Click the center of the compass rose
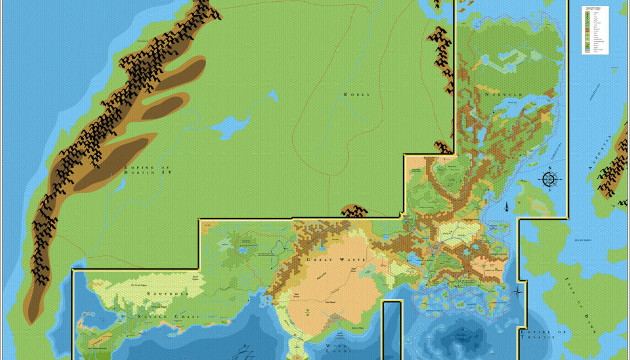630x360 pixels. (x=550, y=179)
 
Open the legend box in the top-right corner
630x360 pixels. (x=595, y=30)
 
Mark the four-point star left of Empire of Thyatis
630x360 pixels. (x=519, y=292)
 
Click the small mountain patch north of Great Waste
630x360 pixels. (x=354, y=212)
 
